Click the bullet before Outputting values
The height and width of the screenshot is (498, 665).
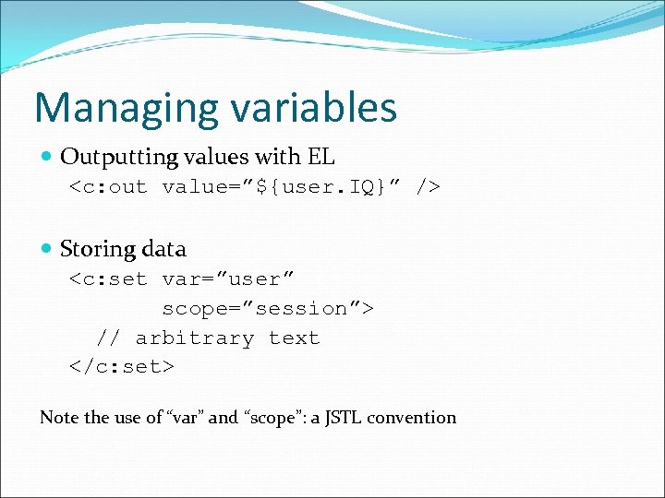tap(47, 157)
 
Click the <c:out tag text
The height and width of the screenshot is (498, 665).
tap(108, 187)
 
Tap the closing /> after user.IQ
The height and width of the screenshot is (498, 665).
tap(427, 187)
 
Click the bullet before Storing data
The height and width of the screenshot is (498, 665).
tap(47, 249)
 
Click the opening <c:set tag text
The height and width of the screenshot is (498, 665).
tap(108, 279)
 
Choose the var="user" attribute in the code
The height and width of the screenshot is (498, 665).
tap(228, 279)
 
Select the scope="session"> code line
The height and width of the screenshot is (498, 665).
tap(268, 308)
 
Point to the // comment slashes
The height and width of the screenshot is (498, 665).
tap(108, 338)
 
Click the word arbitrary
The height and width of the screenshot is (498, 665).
tap(194, 338)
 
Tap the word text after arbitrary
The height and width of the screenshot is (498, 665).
tap(294, 338)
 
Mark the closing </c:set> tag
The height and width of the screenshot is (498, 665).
tap(122, 367)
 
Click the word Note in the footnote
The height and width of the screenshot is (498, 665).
tap(59, 417)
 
